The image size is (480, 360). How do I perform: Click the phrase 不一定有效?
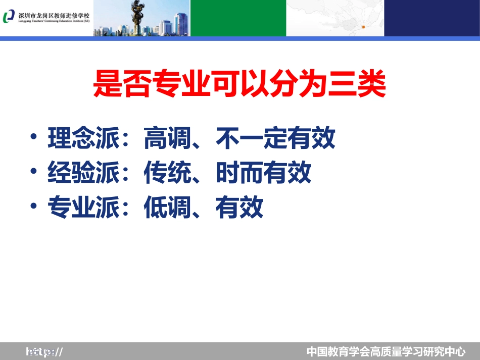(275, 139)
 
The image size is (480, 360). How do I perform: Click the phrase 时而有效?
(263, 173)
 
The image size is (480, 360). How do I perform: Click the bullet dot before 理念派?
(33, 138)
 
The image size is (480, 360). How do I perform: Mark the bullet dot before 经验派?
(33, 172)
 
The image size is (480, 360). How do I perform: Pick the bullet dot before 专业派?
(33, 207)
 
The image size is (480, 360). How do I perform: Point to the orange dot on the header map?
(363, 27)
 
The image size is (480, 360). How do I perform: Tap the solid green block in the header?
(238, 18)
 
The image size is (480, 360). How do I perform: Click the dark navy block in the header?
(431, 18)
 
